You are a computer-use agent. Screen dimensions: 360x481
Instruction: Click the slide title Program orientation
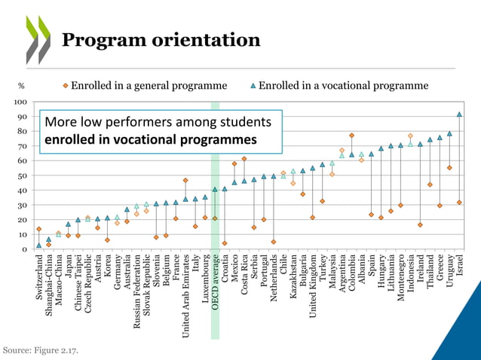(161, 40)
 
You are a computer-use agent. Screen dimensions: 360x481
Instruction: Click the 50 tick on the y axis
(23, 175)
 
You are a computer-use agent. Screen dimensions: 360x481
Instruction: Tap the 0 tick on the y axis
(25, 249)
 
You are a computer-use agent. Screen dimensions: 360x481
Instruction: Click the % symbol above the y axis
(21, 87)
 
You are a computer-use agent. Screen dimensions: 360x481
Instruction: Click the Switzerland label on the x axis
(39, 279)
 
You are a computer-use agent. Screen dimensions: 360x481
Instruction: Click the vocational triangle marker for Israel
(459, 114)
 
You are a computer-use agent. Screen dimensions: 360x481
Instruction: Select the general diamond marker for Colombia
(351, 136)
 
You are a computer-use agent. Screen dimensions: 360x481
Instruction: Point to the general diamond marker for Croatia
(225, 243)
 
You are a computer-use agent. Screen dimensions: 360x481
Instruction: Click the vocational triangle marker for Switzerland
(39, 246)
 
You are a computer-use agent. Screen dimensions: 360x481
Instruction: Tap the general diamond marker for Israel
(459, 203)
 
